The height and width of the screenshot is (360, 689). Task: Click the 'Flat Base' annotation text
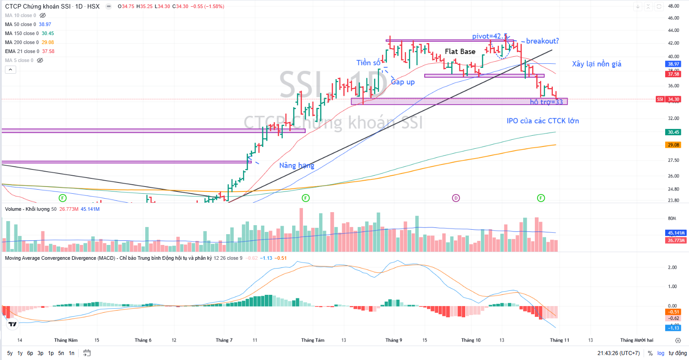coord(460,52)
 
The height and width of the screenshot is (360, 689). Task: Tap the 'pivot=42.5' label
coord(489,36)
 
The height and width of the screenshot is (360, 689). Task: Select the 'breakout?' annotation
coord(542,41)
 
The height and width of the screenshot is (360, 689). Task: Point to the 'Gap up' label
coord(403,82)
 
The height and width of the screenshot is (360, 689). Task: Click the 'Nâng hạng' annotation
coord(297,165)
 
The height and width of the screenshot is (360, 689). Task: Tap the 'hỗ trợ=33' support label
coord(546,102)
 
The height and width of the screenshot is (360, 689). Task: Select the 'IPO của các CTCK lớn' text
coord(542,121)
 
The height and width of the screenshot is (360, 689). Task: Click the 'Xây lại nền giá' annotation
coord(596,64)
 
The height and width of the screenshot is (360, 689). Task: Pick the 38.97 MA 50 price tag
coord(673,64)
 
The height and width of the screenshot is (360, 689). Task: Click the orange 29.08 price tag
coord(673,145)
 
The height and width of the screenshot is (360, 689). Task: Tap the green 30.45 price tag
coord(673,132)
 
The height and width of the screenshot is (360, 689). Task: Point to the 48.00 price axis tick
coord(673,6)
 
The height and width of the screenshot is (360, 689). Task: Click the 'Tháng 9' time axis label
coord(394,340)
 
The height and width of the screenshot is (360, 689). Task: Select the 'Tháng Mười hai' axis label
coord(636,340)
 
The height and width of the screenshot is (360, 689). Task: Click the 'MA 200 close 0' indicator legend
coord(22,42)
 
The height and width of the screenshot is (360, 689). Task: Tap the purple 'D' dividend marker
coord(456,198)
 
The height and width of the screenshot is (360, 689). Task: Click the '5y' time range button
coord(10,353)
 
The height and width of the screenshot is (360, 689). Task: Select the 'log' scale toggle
coord(661,353)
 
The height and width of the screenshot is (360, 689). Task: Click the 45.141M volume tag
coord(676,233)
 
